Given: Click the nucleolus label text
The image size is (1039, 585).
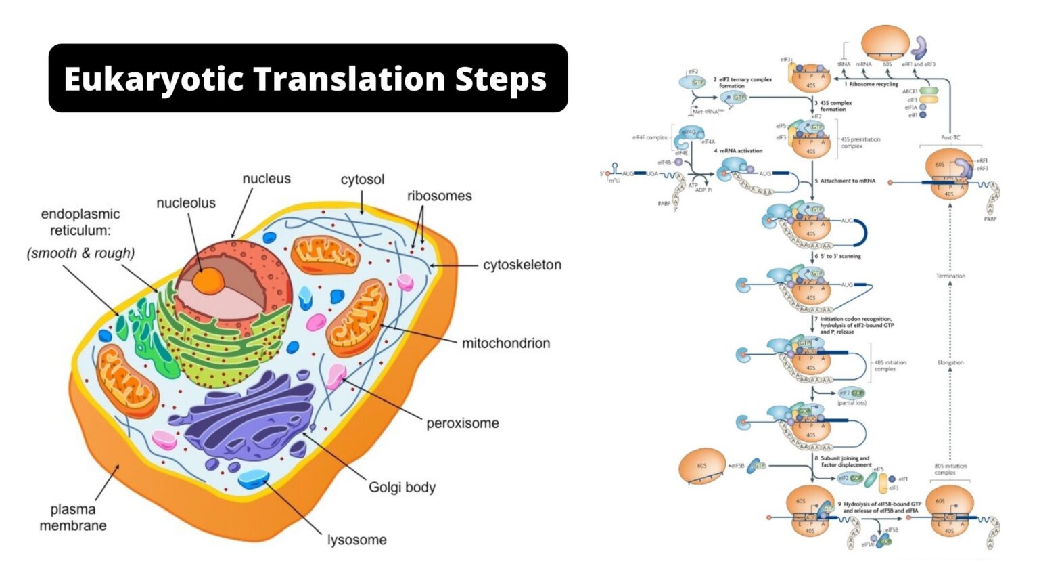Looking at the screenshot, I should [x=185, y=203].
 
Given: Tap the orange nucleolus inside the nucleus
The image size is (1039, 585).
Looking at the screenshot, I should [x=208, y=280].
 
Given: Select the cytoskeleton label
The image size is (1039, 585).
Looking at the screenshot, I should [x=522, y=265].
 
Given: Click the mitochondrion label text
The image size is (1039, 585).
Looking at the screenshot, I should [x=505, y=343].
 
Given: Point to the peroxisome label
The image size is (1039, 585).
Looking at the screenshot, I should [x=462, y=423].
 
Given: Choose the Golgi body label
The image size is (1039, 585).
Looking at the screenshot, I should [x=402, y=487].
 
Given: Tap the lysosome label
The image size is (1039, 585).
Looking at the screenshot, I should [x=356, y=540].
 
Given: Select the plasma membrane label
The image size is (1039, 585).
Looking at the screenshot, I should [x=73, y=517].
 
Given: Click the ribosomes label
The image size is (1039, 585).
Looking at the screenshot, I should [x=439, y=196].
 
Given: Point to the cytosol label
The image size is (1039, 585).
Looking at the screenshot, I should [x=362, y=179].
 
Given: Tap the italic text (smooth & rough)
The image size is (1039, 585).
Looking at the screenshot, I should [x=80, y=253].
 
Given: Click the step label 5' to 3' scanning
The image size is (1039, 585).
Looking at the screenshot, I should [x=840, y=256].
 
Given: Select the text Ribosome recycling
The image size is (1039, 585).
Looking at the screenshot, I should [x=873, y=84].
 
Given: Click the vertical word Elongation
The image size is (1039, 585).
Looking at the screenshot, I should [x=950, y=362].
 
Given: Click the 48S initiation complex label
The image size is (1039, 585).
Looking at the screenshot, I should [x=890, y=366].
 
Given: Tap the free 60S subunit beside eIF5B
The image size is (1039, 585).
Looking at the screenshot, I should [x=701, y=466].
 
